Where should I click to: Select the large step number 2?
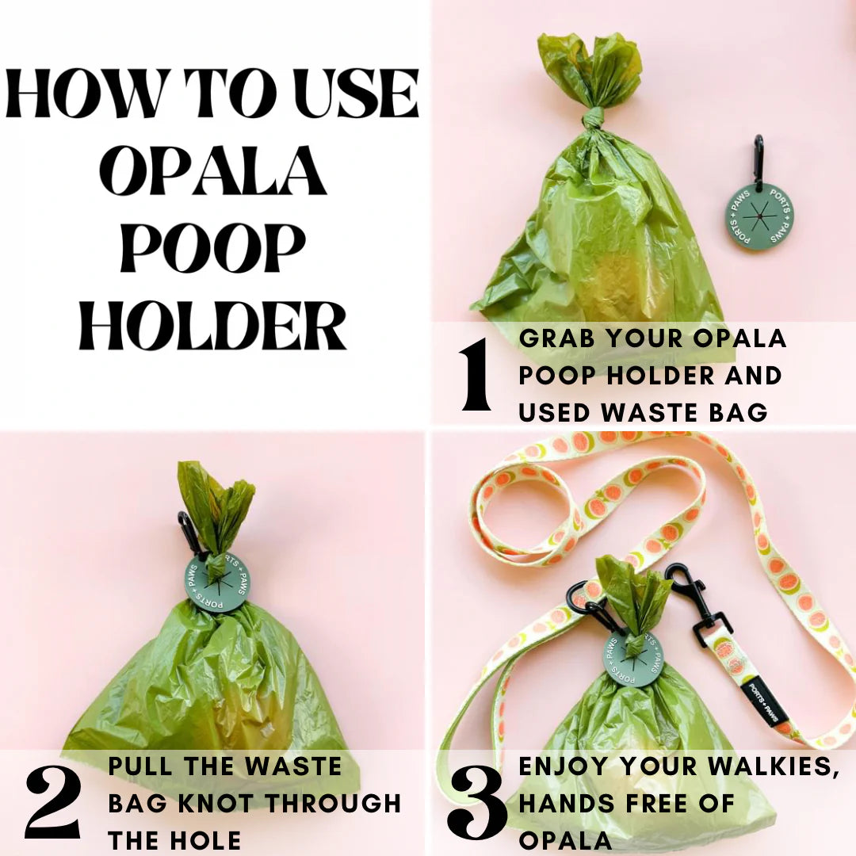coord(53,802)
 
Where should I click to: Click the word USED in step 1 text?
coord(555,412)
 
